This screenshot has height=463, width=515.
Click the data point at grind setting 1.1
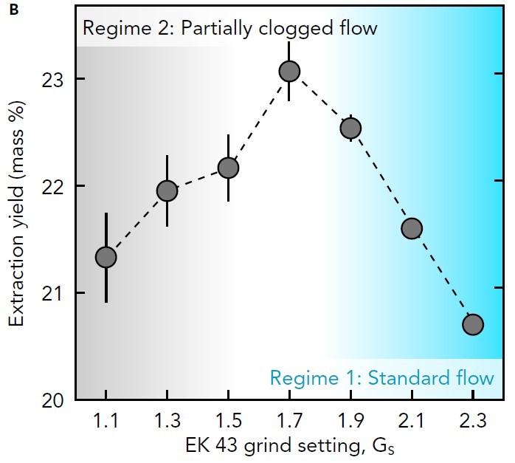(x=106, y=257)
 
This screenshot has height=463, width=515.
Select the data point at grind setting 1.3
(x=167, y=191)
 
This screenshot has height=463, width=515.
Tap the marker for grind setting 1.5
(x=228, y=168)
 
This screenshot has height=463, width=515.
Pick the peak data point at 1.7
(x=289, y=71)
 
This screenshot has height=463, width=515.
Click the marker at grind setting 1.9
(x=350, y=128)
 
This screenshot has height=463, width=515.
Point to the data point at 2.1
(x=411, y=228)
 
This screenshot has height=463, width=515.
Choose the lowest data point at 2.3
(x=472, y=324)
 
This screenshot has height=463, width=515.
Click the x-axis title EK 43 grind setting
(x=284, y=447)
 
